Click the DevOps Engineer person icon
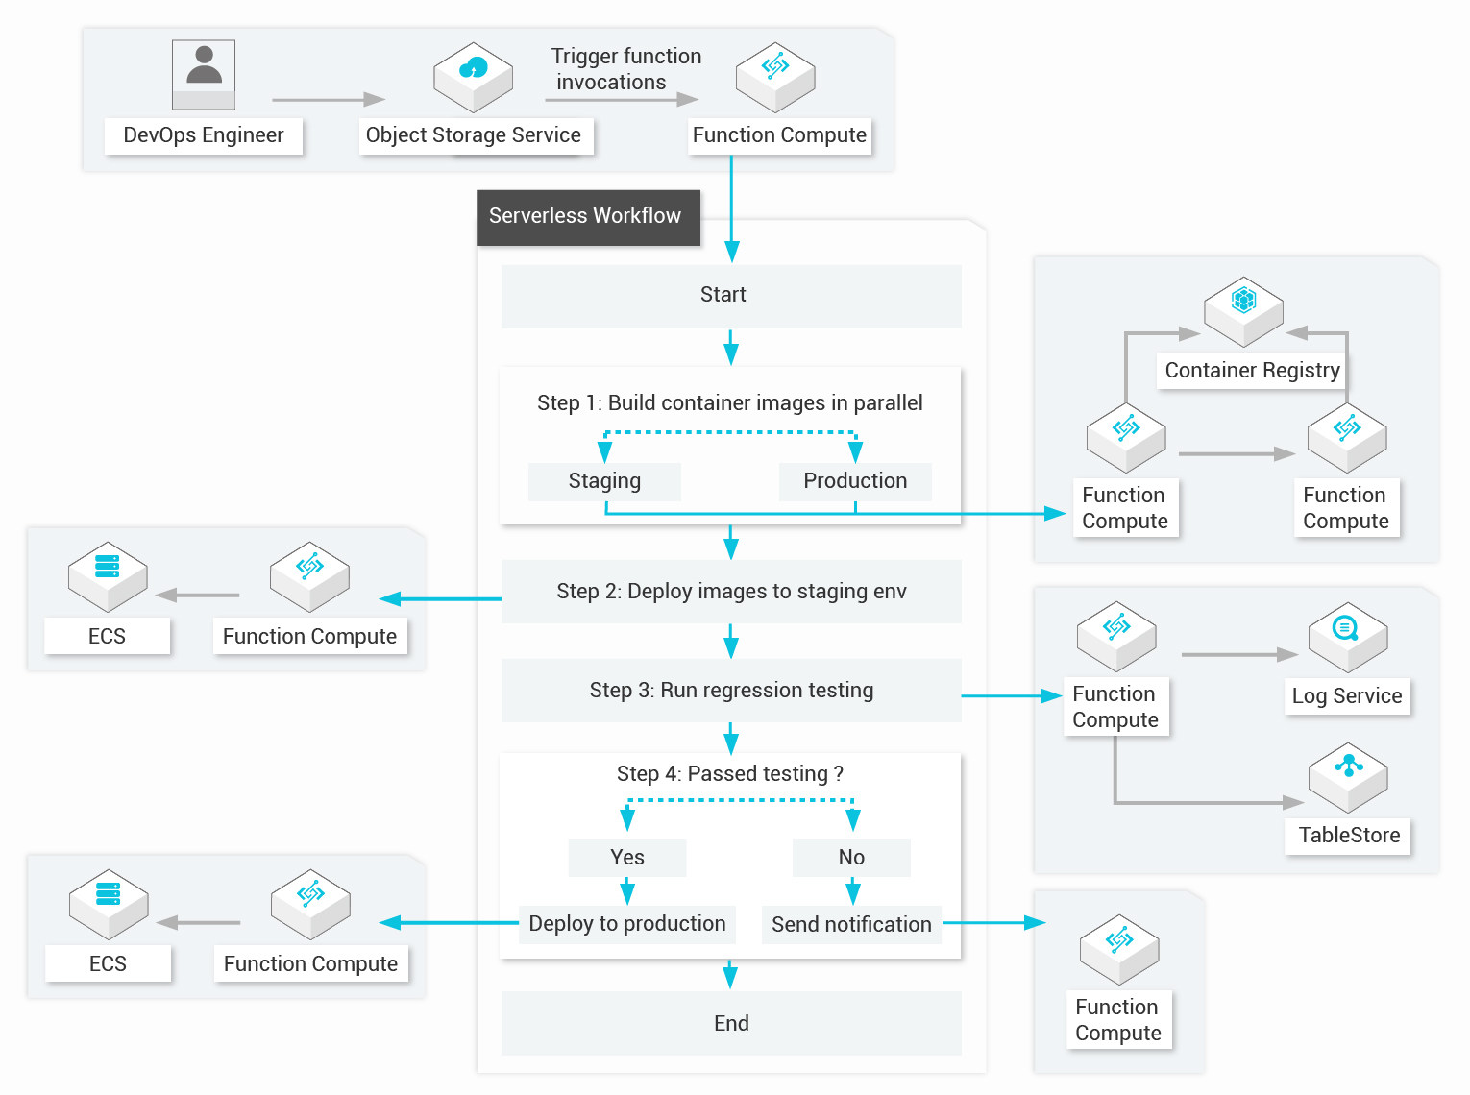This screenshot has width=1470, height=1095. click(204, 74)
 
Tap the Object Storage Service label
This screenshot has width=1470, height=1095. click(474, 135)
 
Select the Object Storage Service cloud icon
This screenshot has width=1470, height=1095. click(473, 75)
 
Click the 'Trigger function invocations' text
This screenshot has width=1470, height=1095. click(625, 69)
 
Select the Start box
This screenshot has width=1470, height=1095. click(731, 296)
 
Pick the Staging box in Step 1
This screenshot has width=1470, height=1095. click(604, 481)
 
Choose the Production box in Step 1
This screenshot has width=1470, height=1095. click(854, 481)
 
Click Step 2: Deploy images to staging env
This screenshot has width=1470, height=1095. click(731, 592)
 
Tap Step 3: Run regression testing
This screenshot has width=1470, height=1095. click(731, 691)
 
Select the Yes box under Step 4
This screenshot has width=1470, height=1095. click(627, 858)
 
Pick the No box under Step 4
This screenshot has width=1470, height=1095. click(851, 858)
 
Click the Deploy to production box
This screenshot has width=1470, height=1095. click(627, 924)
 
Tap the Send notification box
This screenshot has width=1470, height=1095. click(851, 925)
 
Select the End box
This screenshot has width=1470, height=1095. click(731, 1024)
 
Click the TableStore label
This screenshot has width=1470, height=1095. click(1349, 836)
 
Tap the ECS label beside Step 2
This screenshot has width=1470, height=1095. click(107, 637)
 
